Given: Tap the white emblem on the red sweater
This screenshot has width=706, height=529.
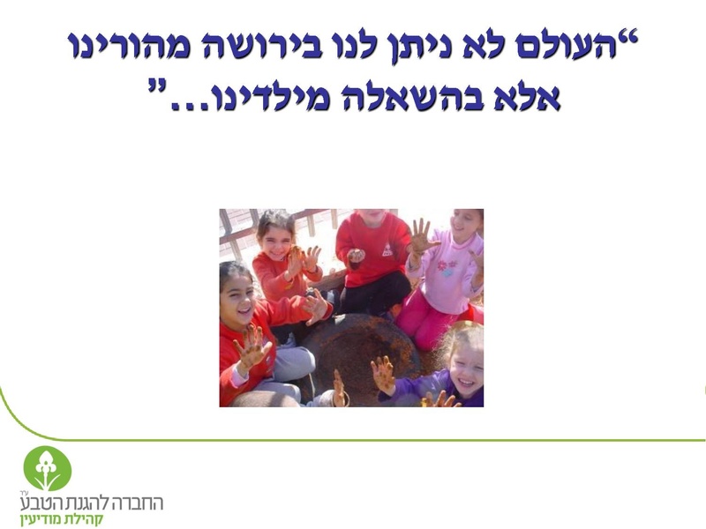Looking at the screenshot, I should coord(386,249).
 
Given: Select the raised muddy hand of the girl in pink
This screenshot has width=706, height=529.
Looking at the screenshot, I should coord(420,235).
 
